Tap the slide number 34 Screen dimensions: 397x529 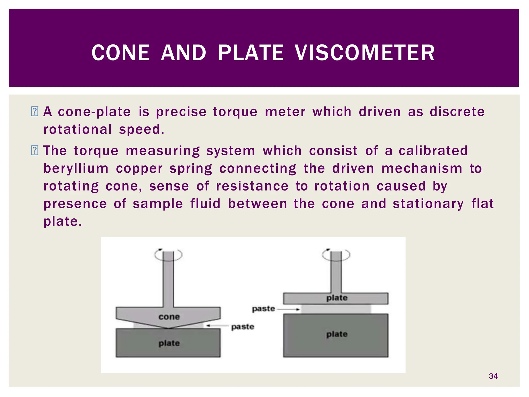click(493, 376)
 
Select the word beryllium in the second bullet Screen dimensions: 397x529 click(76, 169)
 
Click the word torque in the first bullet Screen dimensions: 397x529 click(235, 112)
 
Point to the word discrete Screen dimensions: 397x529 click(457, 112)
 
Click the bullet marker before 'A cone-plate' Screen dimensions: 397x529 click(35, 112)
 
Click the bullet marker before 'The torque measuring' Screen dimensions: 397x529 click(35, 151)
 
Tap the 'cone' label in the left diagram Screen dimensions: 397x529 click(169, 317)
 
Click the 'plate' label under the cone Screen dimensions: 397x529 click(169, 343)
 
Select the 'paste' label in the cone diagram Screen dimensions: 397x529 click(243, 327)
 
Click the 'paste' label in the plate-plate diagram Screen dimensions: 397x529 click(263, 309)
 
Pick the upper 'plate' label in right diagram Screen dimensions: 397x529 click(337, 298)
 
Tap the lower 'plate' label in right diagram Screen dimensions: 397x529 click(337, 334)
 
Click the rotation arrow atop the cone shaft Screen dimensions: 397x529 click(168, 255)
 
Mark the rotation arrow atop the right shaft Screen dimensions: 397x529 click(336, 255)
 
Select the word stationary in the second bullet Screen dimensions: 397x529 click(428, 204)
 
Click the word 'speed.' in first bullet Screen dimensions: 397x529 click(142, 129)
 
